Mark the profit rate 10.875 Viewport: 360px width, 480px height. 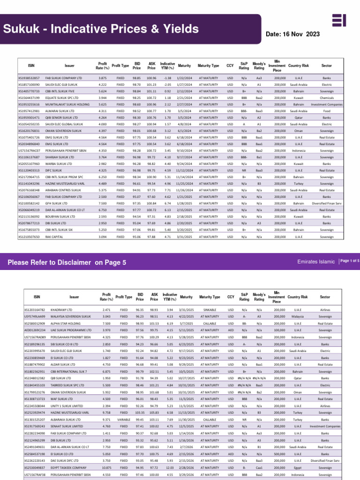(x=106, y=467)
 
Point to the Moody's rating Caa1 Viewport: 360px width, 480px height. (x=259, y=467)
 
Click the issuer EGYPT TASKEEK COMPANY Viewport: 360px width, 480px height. (x=72, y=467)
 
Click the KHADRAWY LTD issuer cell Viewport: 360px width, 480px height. (x=64, y=310)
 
